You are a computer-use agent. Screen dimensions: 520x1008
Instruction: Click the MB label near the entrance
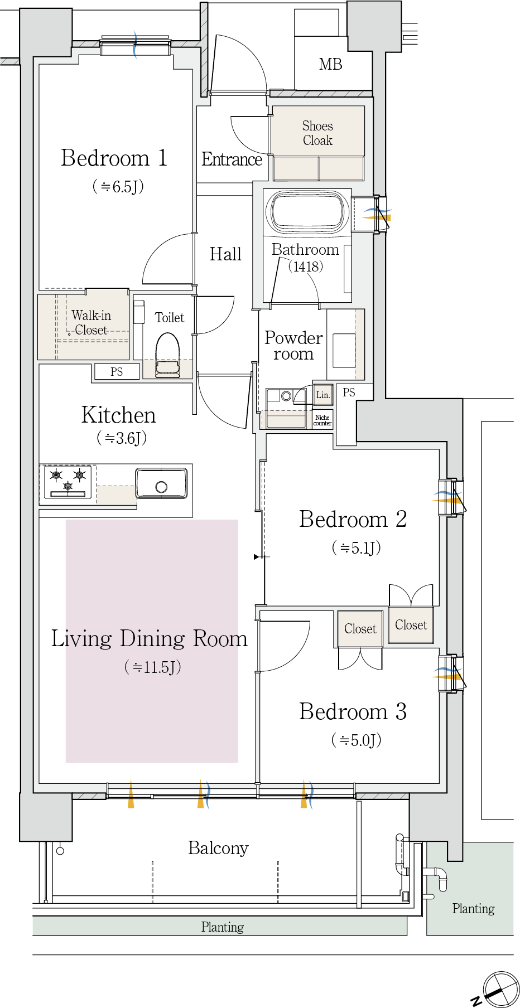(330, 65)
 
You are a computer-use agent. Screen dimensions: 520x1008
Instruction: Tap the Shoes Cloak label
(317, 133)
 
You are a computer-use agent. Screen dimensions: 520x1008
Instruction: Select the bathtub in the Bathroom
(307, 212)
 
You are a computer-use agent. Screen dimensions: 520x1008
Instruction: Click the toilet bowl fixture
(167, 355)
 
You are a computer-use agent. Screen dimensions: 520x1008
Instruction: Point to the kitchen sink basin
(161, 483)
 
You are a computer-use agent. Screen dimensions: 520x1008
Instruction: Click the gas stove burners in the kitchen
(68, 481)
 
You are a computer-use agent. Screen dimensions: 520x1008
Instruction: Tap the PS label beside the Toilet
(117, 372)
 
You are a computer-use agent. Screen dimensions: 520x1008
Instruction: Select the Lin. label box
(323, 395)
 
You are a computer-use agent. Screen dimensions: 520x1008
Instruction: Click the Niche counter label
(322, 420)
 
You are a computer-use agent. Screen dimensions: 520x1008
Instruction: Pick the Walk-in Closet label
(91, 323)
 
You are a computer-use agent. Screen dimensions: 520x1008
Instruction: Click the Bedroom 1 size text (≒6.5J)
(118, 186)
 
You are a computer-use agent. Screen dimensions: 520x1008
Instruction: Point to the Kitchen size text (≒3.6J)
(122, 438)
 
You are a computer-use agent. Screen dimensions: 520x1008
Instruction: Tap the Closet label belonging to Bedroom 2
(411, 625)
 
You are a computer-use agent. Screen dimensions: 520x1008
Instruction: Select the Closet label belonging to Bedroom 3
(360, 629)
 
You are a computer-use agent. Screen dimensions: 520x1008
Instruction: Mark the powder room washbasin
(344, 351)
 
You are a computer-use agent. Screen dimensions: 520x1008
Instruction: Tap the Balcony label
(218, 848)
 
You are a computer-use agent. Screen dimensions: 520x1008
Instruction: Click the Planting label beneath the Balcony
(222, 927)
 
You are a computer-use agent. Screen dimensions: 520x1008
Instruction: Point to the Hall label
(225, 254)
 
